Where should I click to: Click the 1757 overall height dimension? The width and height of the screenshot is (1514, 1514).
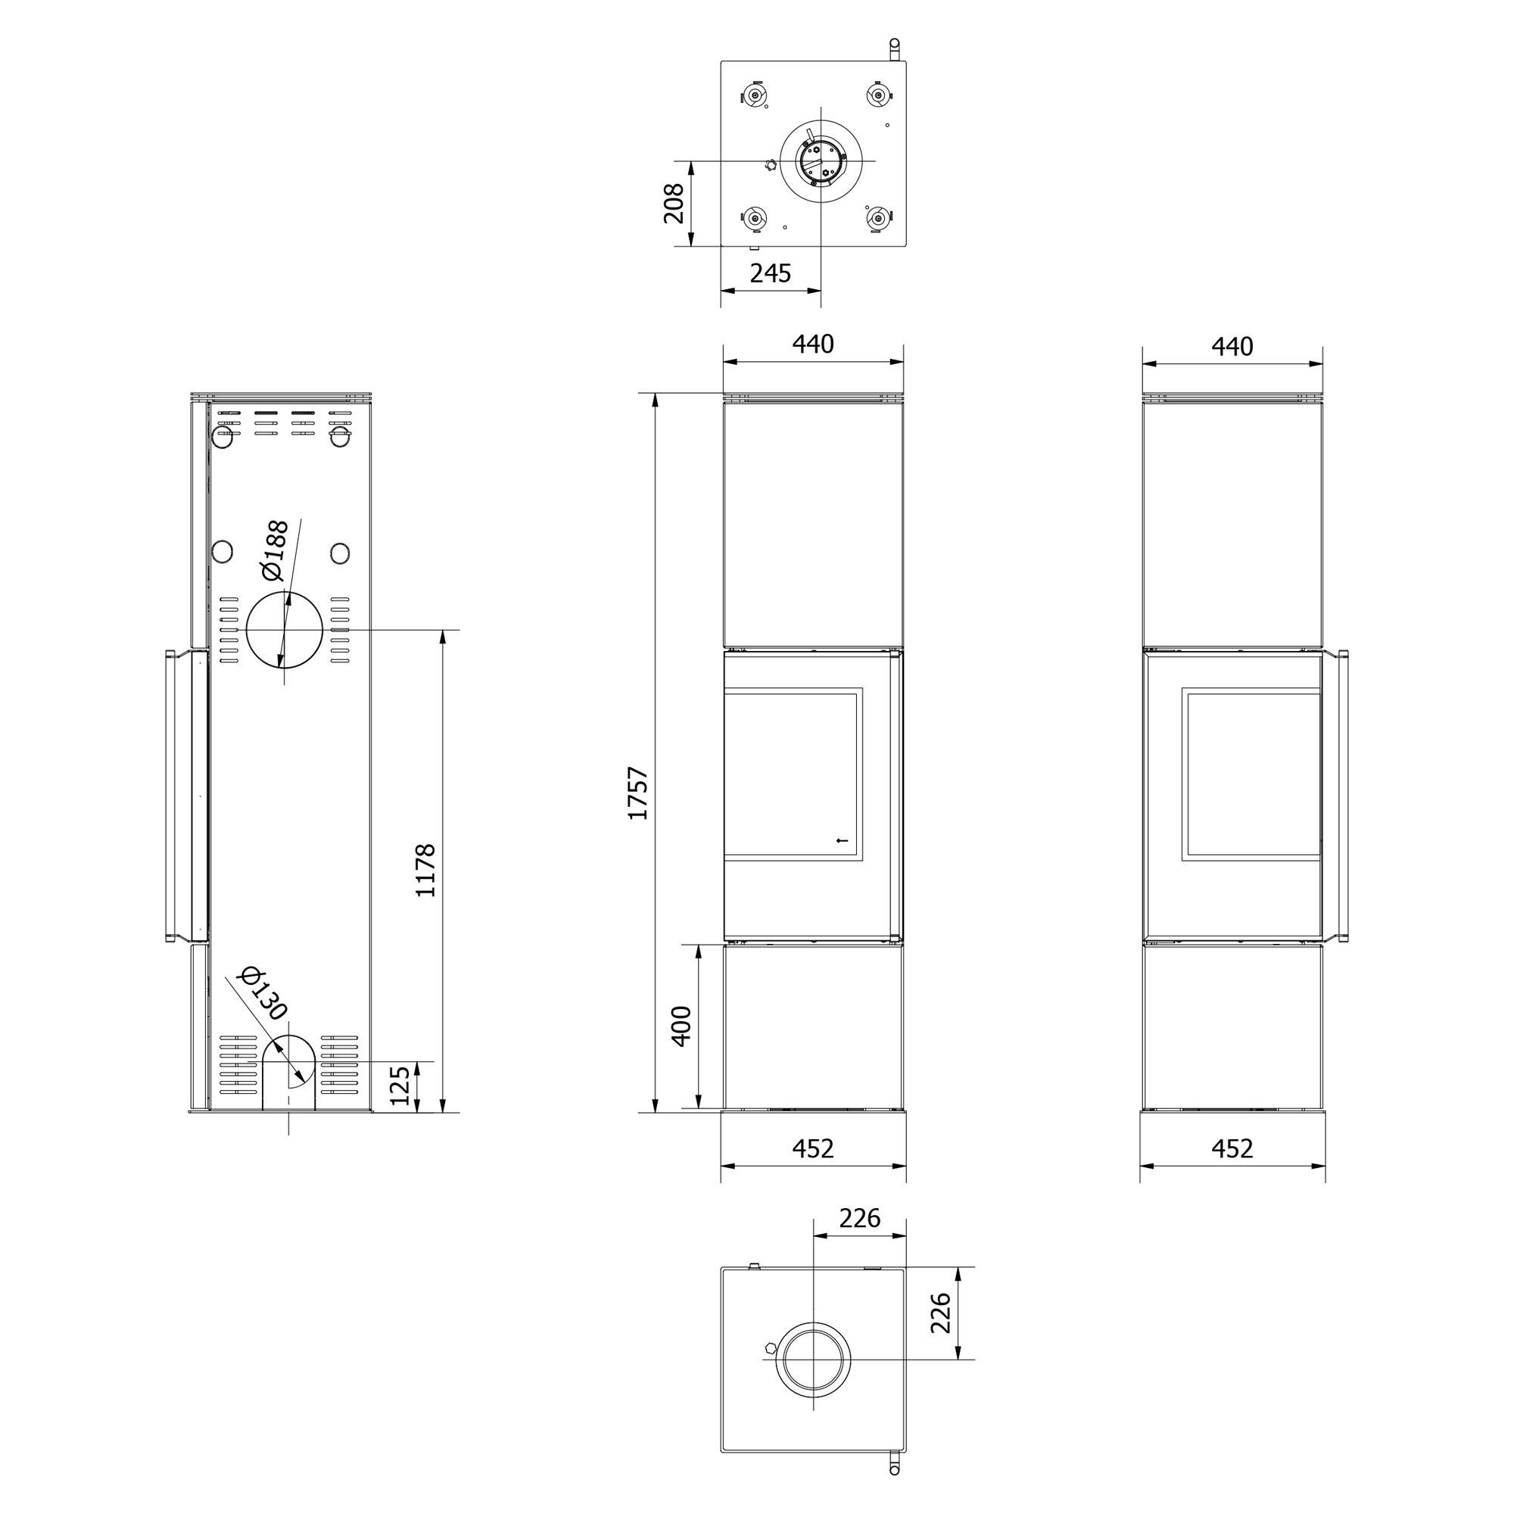(639, 793)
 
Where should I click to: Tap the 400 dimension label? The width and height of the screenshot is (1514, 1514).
(682, 1026)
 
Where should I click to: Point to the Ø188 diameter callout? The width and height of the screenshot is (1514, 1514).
(276, 551)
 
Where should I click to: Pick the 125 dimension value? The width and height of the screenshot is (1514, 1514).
(400, 1085)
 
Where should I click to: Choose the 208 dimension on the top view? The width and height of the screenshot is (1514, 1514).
(674, 204)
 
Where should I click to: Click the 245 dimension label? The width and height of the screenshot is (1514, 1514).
(771, 273)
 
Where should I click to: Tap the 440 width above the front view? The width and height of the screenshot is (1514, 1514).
(812, 344)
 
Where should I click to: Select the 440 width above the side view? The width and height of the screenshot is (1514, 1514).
(1232, 346)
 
